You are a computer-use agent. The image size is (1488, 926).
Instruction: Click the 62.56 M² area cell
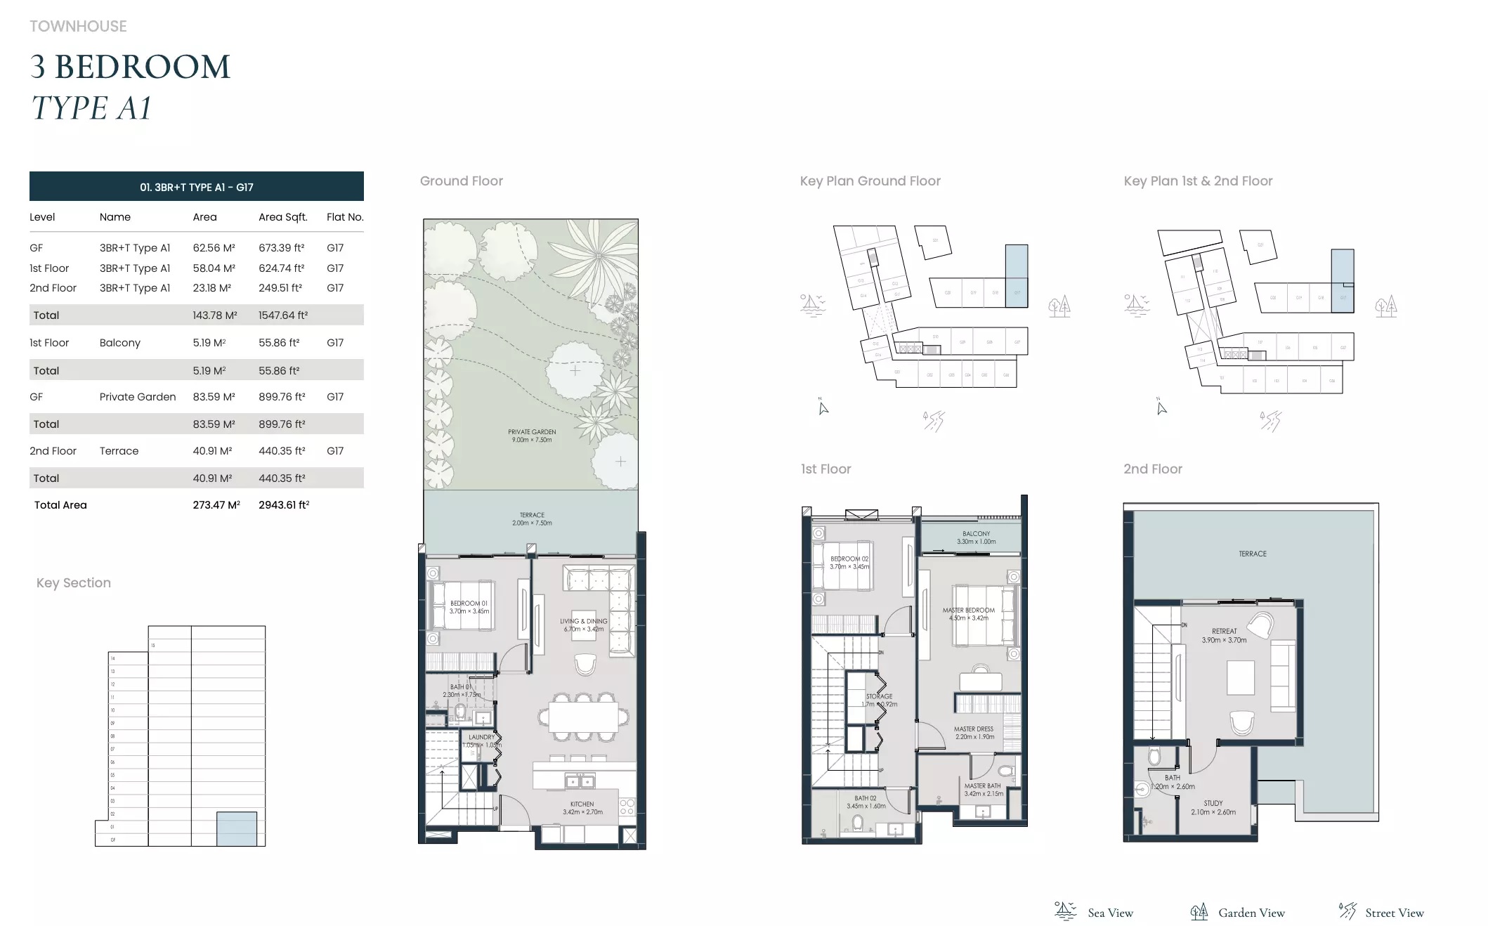(x=214, y=248)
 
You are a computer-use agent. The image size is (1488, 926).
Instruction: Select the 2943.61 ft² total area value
(x=284, y=505)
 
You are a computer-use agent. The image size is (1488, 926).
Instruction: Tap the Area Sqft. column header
(x=282, y=217)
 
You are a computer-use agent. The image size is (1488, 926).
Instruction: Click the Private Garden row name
(x=138, y=397)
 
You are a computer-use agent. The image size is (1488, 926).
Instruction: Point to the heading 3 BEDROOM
(x=130, y=67)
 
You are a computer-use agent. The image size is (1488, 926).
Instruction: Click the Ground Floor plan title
(x=461, y=181)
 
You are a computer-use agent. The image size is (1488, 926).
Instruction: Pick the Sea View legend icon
(x=1065, y=911)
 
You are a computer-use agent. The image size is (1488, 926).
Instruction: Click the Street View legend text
(x=1394, y=913)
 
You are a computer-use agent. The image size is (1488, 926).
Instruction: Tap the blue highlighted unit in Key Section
(x=236, y=828)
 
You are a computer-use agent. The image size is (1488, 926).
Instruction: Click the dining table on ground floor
(x=583, y=717)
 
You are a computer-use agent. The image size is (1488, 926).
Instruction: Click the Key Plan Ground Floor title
(x=870, y=181)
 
